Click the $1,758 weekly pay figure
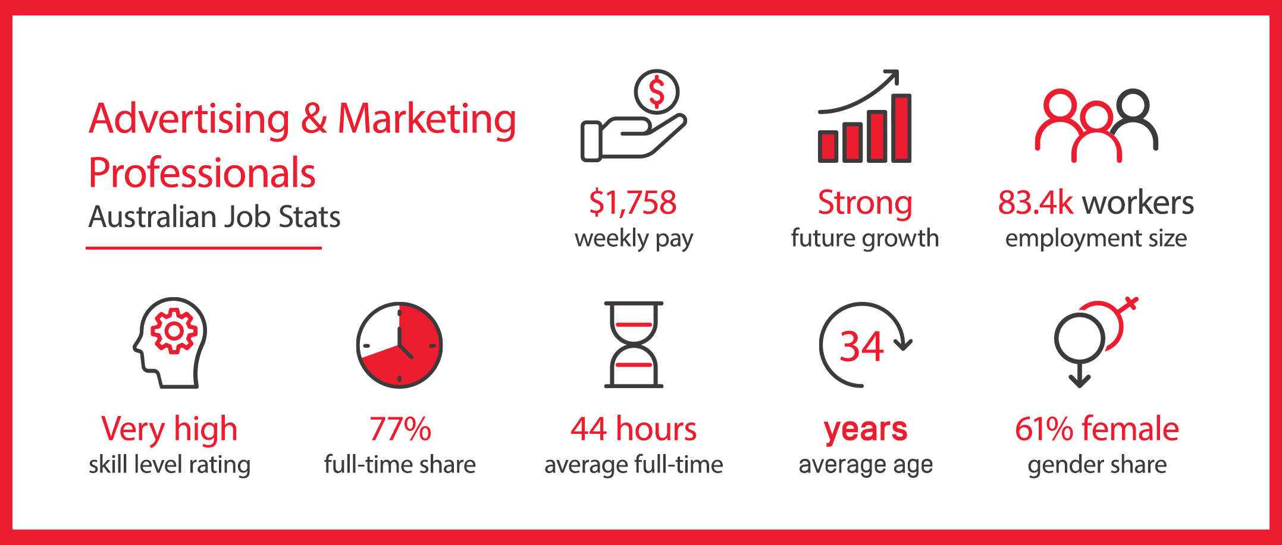633,203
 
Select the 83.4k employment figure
1036,203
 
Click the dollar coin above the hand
656,92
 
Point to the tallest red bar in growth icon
902,128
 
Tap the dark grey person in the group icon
1135,119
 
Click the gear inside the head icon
174,331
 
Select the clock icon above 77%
399,345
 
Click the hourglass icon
634,345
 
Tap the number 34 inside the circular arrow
861,346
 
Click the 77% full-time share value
400,429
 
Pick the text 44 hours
634,429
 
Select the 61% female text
1097,429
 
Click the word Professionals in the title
202,174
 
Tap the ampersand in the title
314,118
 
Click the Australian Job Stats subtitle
214,216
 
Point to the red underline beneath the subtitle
203,248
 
